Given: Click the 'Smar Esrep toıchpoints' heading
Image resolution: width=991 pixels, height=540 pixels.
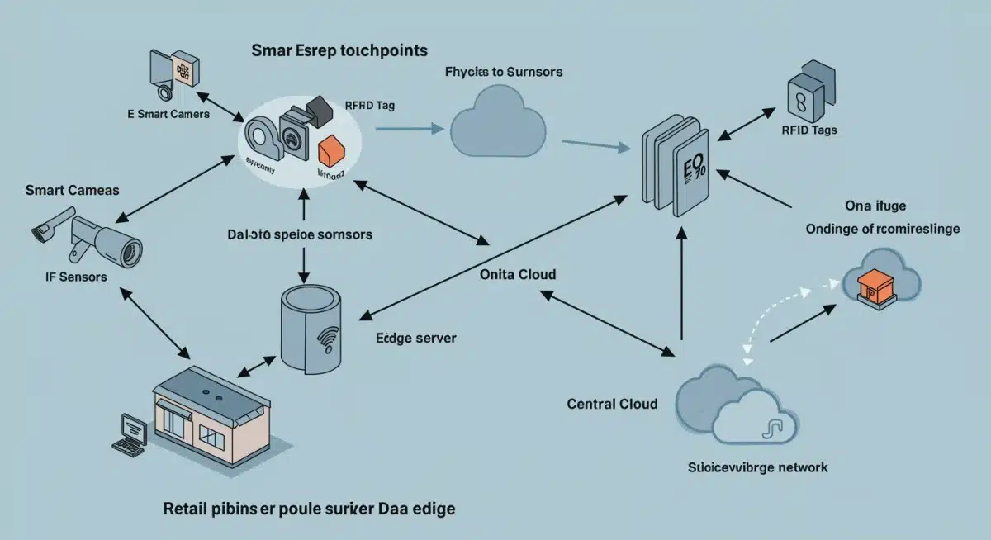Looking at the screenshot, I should pyautogui.click(x=339, y=50).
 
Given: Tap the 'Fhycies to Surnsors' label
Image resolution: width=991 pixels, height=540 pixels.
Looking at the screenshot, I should pyautogui.click(x=504, y=73).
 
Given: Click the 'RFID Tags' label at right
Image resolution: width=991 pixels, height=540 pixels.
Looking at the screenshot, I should pyautogui.click(x=808, y=130).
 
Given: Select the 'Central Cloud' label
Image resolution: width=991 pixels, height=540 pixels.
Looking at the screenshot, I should pyautogui.click(x=612, y=404).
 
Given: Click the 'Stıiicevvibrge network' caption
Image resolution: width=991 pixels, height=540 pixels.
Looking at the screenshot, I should pyautogui.click(x=757, y=467).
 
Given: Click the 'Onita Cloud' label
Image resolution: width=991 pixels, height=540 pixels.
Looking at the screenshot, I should pyautogui.click(x=517, y=274).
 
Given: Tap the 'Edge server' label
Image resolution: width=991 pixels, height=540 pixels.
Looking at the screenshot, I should pyautogui.click(x=415, y=338).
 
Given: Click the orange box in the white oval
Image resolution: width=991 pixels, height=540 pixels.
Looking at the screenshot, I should pyautogui.click(x=330, y=147).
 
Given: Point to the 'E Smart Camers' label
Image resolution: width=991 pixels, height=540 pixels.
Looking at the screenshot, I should pyautogui.click(x=168, y=114).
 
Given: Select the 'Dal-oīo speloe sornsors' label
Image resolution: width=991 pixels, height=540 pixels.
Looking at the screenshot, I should pyautogui.click(x=299, y=234).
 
